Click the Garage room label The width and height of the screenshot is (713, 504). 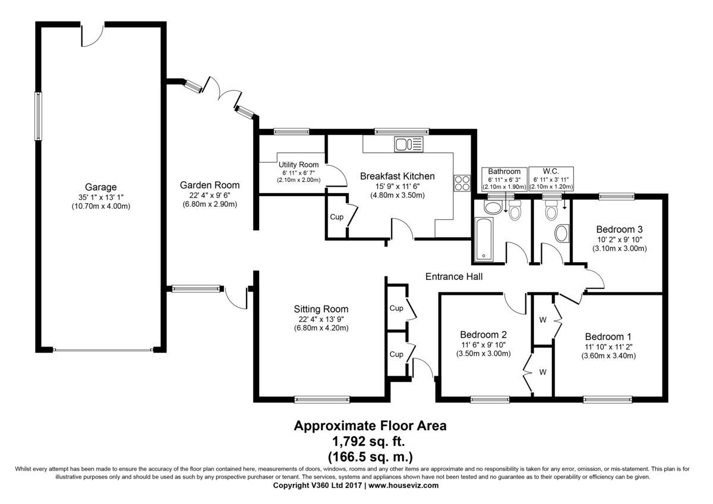coord(100,187)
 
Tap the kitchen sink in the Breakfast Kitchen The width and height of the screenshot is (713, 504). coord(409,144)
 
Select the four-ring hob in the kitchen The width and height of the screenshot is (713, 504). coord(462,183)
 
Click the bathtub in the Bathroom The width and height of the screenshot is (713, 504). coord(484,239)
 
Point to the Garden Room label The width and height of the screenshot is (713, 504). coord(210,185)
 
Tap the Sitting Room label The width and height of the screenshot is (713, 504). coord(321,309)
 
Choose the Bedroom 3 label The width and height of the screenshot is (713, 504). coord(619,229)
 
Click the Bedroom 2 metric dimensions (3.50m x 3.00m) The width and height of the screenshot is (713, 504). coord(484,354)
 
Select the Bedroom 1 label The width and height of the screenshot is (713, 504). coord(608,336)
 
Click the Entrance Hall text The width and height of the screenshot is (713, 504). coord(454,276)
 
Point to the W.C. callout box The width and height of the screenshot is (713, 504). coord(551,179)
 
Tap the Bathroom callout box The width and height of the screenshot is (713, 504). coord(504,179)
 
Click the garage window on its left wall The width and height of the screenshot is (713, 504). coord(38,116)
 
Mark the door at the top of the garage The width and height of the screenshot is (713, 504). coord(92,34)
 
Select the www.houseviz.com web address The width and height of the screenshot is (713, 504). coord(404,486)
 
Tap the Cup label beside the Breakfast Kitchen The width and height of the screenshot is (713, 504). coord(336,217)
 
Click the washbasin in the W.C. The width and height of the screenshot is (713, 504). coord(562,234)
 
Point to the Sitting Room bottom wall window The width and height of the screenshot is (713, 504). coord(322,399)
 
